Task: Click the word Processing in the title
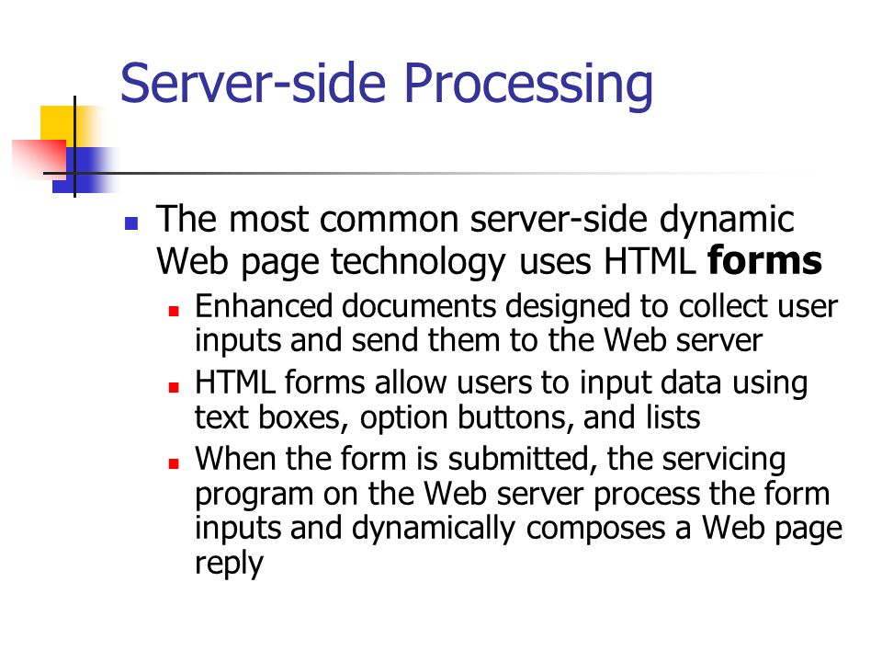pyautogui.click(x=528, y=85)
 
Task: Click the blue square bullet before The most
pyautogui.click(x=131, y=223)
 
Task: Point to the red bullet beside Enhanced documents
pyautogui.click(x=174, y=310)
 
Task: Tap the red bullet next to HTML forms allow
pyautogui.click(x=174, y=387)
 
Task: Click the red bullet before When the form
pyautogui.click(x=174, y=463)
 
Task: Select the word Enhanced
pyautogui.click(x=264, y=306)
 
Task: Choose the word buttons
pyautogui.click(x=515, y=417)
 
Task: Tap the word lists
pyautogui.click(x=673, y=417)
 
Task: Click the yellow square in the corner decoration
pyautogui.click(x=57, y=124)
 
